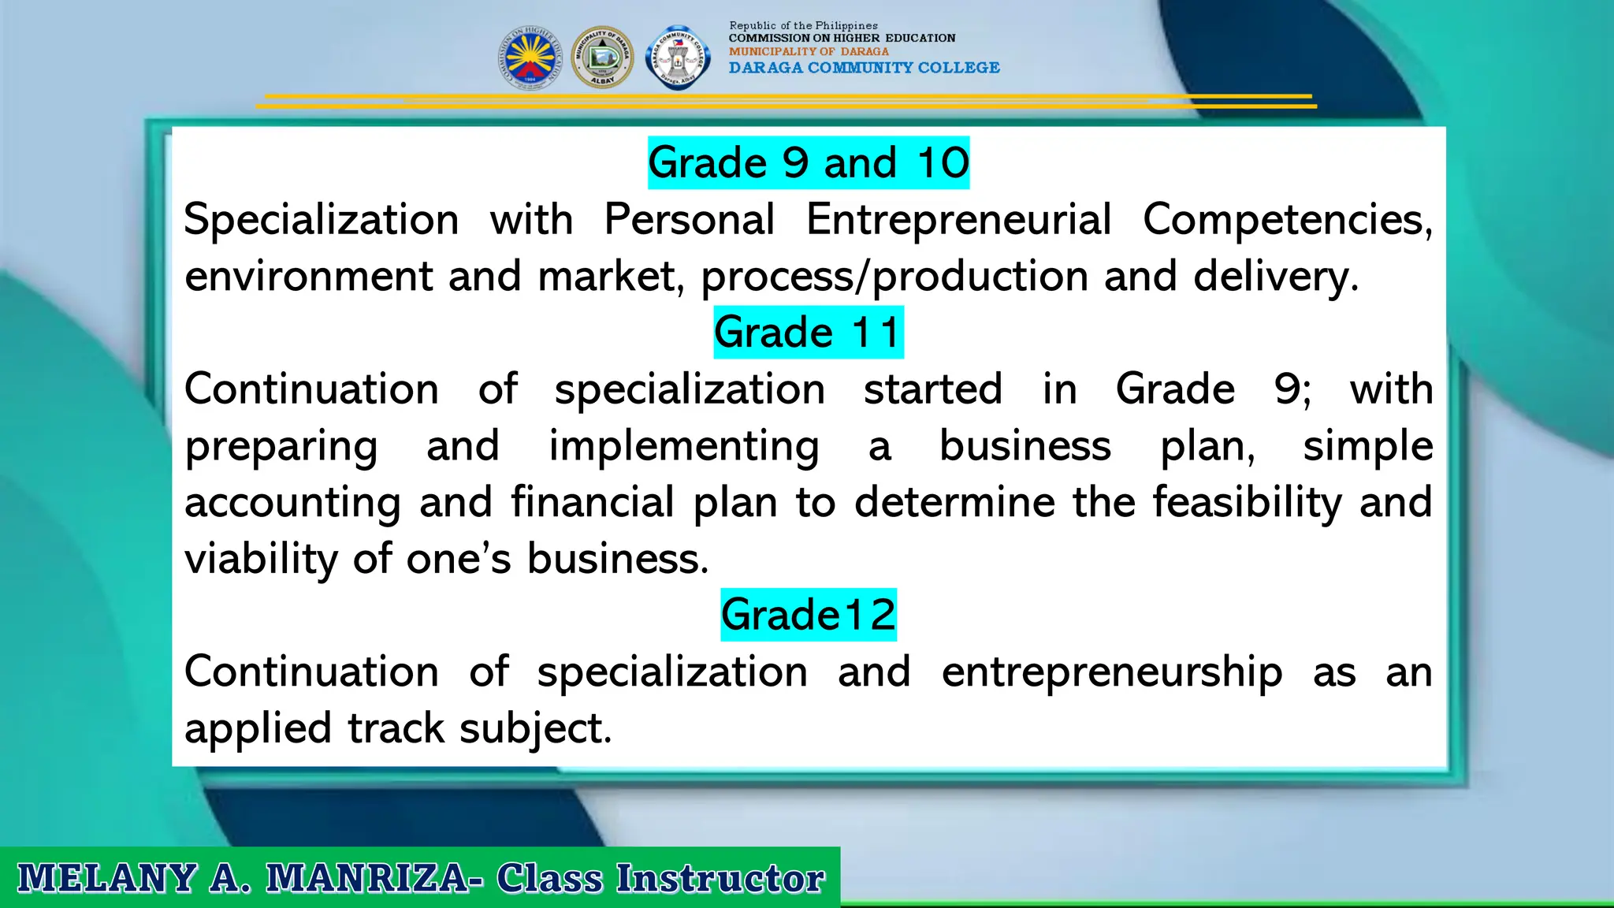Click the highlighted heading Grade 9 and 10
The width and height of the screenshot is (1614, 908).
pos(808,163)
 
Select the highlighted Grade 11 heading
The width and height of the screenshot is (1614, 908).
pos(808,332)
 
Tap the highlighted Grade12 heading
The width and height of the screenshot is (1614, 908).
pos(808,615)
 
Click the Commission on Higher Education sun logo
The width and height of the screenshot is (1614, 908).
pos(530,58)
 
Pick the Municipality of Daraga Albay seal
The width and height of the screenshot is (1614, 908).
pos(602,58)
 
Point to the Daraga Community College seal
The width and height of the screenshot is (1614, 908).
pos(677,58)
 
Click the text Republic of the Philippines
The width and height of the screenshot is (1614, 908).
pos(803,26)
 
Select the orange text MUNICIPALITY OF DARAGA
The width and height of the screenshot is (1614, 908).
pos(809,51)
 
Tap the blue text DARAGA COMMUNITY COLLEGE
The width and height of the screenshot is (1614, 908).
pos(864,68)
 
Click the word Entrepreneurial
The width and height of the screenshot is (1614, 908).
pos(958,219)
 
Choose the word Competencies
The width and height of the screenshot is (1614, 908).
pos(1287,219)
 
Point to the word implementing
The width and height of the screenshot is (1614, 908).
pos(683,446)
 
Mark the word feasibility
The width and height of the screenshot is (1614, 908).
pos(1247,502)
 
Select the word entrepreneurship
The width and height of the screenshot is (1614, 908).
pos(1111,672)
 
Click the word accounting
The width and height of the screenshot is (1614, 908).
pos(292,503)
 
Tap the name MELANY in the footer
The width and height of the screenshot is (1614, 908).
pos(107,878)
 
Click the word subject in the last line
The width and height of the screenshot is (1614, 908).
pos(534,728)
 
